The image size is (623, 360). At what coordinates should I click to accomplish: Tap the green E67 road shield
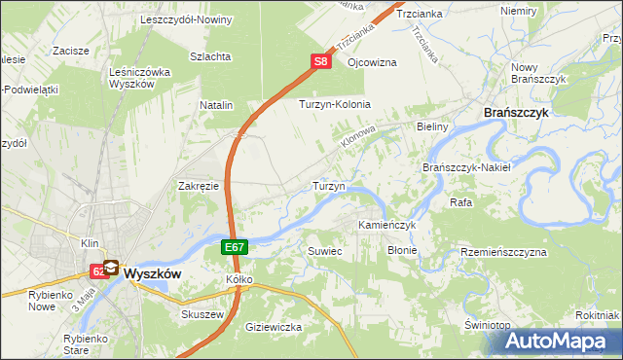pos(235,248)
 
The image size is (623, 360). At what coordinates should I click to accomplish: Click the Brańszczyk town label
pos(518,113)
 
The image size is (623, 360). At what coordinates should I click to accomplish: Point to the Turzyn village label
pos(326,185)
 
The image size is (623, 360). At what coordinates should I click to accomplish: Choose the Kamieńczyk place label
pos(386,225)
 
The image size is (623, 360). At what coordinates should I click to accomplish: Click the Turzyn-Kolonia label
pos(335,104)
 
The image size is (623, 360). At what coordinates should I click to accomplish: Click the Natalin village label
pos(217,104)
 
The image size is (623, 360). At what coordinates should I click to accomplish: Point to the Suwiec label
pos(325,251)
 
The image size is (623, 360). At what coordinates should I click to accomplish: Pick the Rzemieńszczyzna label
pos(504,251)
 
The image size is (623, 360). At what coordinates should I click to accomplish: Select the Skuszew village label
pos(202,314)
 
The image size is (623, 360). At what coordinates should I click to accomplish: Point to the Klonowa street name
pos(358,136)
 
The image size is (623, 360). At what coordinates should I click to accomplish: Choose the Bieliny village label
pos(430,127)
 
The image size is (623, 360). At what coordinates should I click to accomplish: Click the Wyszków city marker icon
pos(110,268)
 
